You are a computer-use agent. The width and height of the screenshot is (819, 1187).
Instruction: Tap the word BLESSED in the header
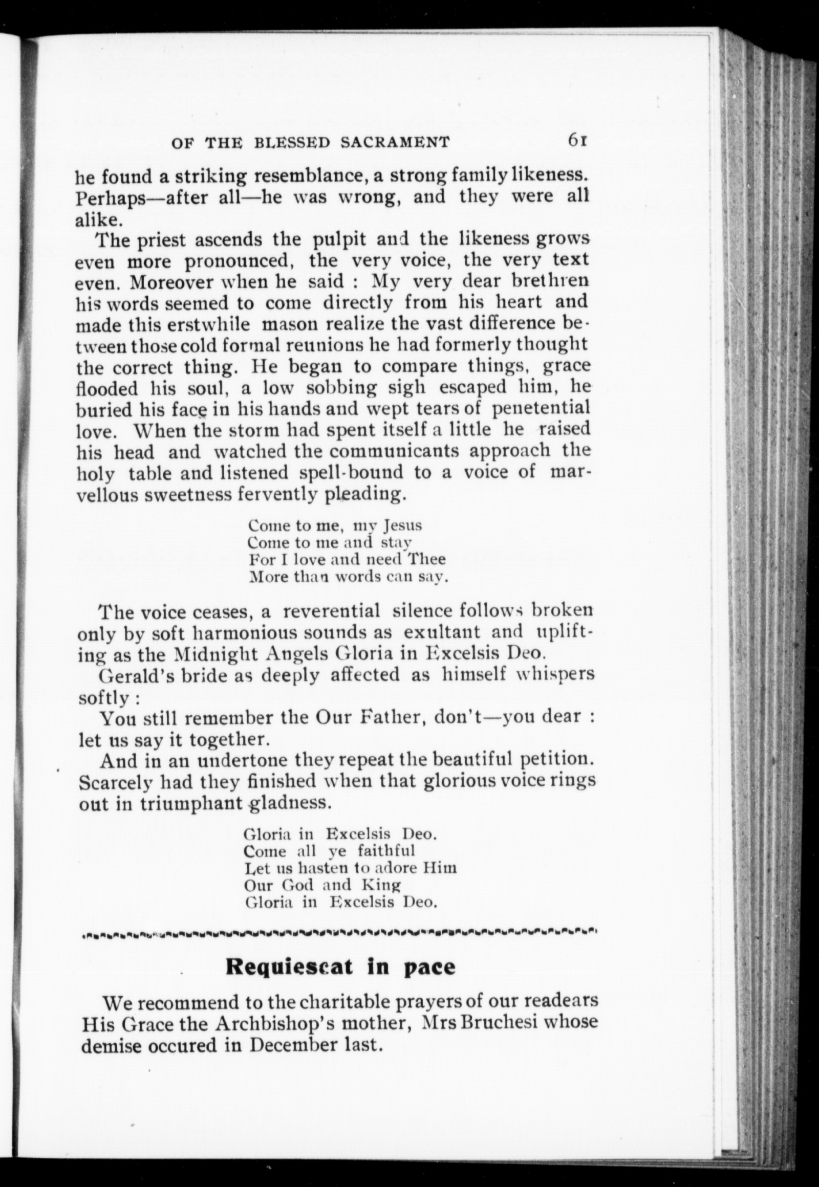pos(291,143)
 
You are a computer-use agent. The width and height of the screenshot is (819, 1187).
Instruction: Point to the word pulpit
pos(340,239)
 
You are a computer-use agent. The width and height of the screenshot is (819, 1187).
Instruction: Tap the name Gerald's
pos(129,675)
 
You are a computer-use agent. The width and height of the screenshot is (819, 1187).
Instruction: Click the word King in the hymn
pos(380,885)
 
